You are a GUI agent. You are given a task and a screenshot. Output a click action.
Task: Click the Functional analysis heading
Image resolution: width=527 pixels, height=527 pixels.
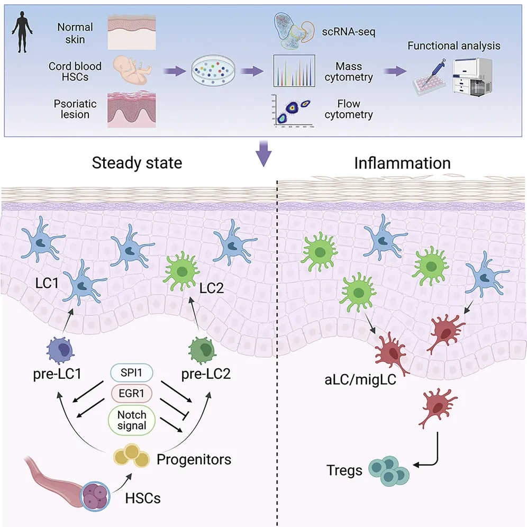click(x=453, y=46)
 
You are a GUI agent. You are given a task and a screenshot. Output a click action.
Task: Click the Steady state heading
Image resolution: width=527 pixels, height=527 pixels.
click(x=137, y=162)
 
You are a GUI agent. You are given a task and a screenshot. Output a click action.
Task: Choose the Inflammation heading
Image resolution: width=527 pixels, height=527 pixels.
click(x=402, y=162)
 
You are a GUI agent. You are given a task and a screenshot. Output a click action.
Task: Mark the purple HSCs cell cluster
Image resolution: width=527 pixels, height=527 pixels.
click(x=96, y=497)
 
